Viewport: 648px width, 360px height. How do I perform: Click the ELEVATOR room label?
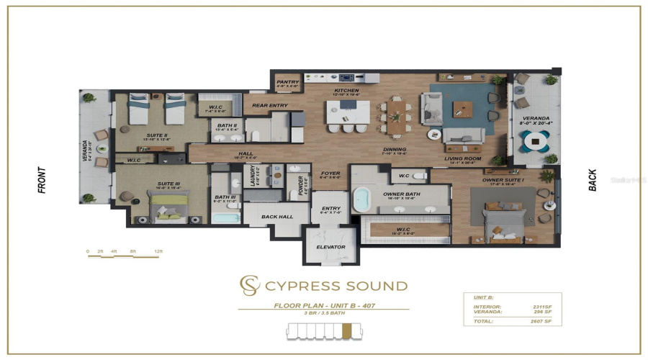(330, 247)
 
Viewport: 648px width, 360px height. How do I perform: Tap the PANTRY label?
(287, 82)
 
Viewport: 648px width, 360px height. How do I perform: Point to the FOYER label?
(330, 173)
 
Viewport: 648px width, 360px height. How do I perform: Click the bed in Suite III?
(167, 204)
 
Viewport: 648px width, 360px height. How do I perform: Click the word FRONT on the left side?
(41, 179)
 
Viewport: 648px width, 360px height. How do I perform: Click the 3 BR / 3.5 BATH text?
(323, 313)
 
